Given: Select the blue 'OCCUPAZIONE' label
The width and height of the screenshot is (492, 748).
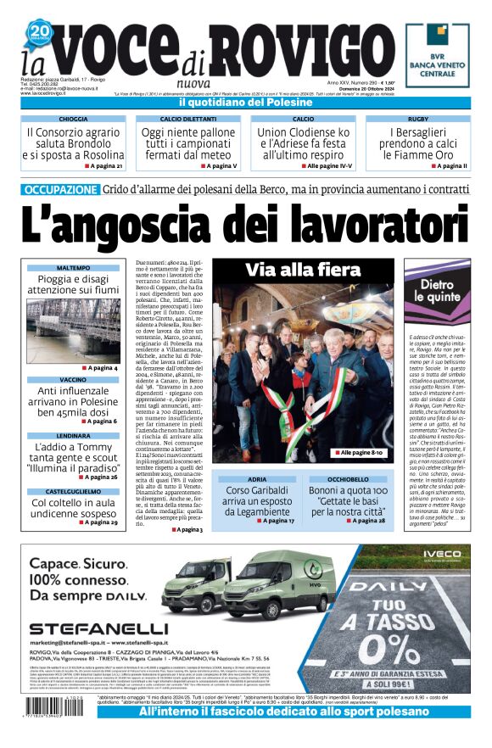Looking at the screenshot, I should [x=60, y=190].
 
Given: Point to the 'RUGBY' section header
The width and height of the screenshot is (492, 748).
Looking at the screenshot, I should [x=417, y=120].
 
